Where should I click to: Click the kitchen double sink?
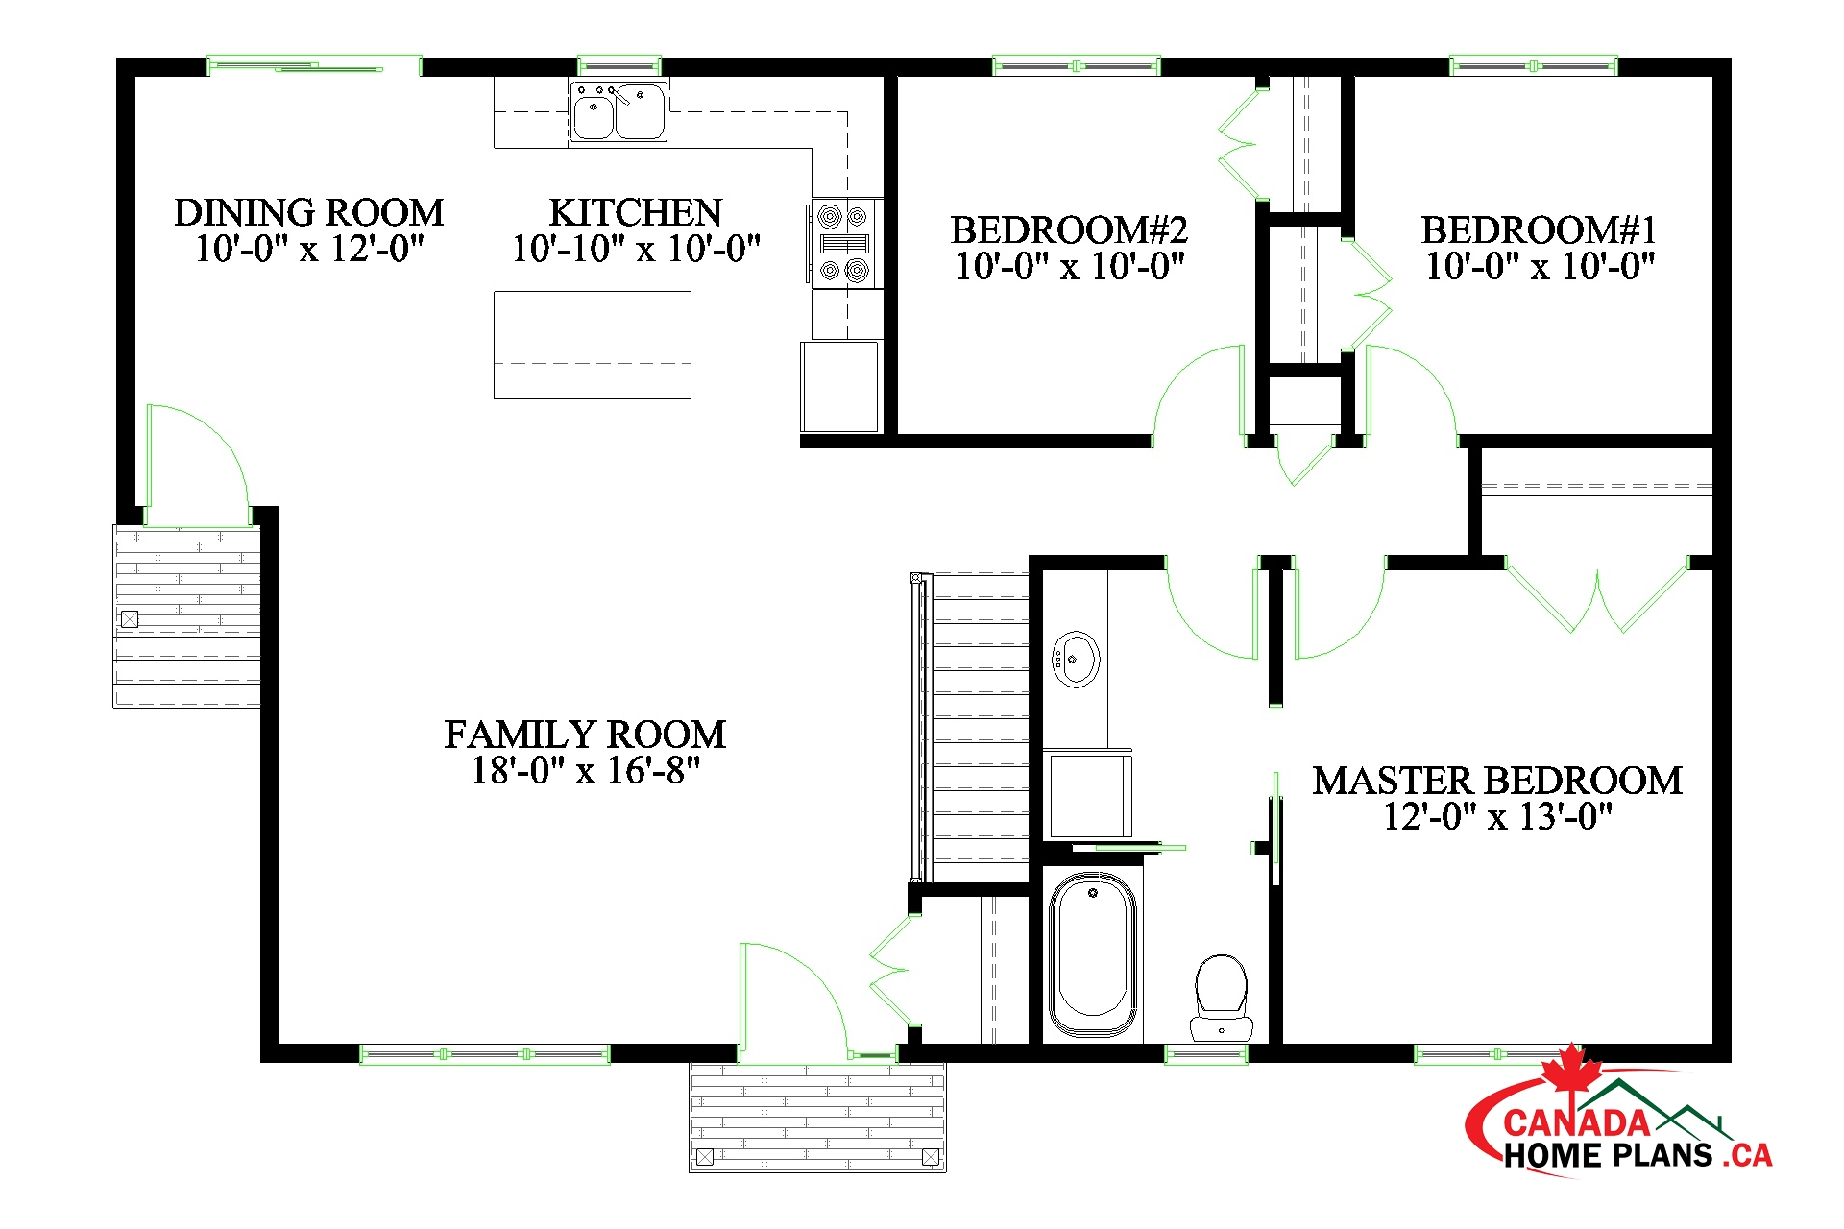point(619,111)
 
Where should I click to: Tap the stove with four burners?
point(846,243)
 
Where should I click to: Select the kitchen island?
point(593,345)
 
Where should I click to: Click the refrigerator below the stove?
point(840,387)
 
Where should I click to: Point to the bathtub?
point(1092,954)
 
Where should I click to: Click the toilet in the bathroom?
point(1221,997)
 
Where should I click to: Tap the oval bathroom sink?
point(1076,659)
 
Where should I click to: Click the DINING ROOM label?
point(309,212)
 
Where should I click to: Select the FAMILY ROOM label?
point(585,735)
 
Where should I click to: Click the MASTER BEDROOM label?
point(1497,781)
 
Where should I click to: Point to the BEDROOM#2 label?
point(1069,230)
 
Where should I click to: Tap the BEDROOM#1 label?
point(1539,230)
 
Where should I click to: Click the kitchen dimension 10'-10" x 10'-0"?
point(636,250)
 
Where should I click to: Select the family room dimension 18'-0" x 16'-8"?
point(585,771)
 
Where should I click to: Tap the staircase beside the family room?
point(970,727)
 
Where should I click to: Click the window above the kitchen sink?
point(619,65)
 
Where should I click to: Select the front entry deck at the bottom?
point(817,1117)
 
